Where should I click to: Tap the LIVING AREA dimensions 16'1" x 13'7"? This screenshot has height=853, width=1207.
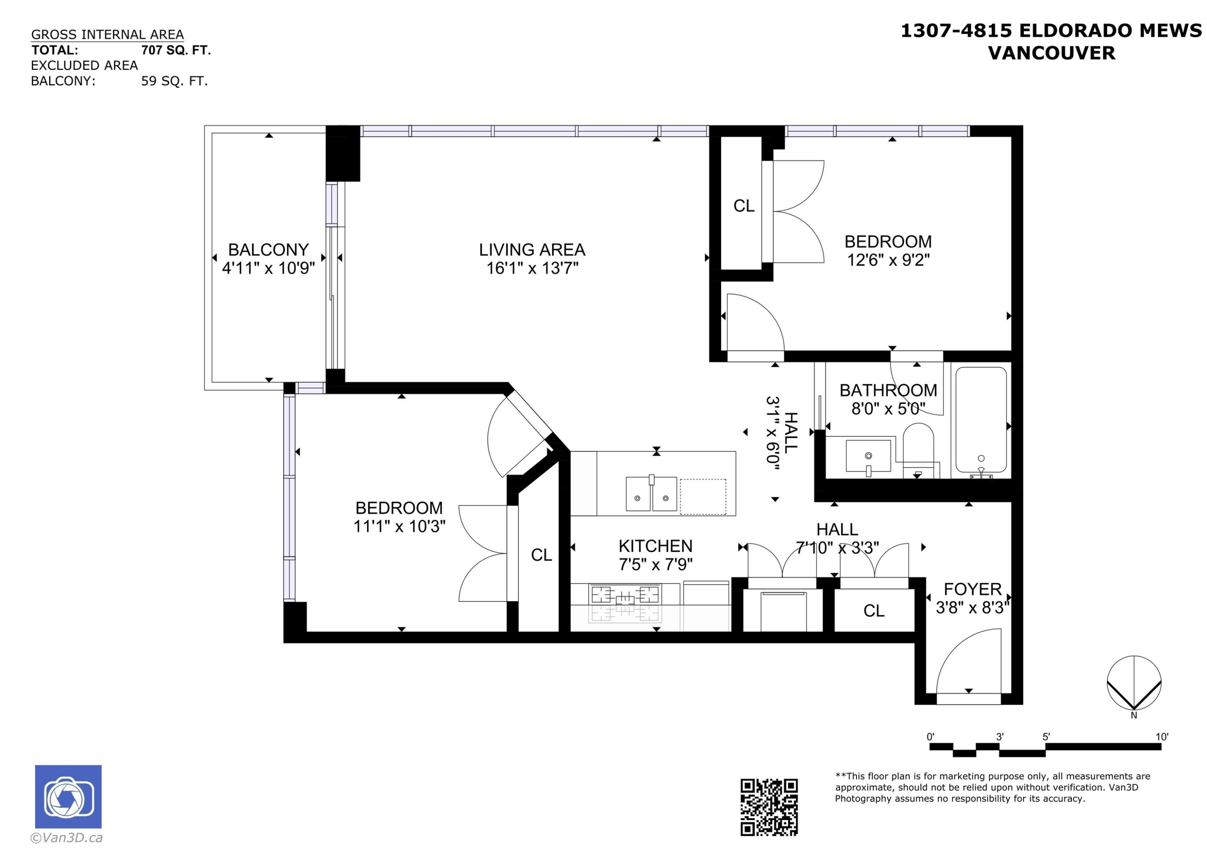(x=532, y=268)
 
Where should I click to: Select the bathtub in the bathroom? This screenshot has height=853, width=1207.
(x=980, y=420)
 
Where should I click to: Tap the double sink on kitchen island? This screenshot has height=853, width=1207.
(x=651, y=494)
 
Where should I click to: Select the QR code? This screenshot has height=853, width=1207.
(x=769, y=807)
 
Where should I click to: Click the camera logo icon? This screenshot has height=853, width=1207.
(x=68, y=797)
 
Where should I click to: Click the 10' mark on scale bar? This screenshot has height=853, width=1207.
(x=1161, y=737)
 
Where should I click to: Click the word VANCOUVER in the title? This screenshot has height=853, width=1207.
(x=1051, y=53)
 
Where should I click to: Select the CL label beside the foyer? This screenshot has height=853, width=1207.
(x=874, y=611)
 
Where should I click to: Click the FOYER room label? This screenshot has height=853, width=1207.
(x=972, y=589)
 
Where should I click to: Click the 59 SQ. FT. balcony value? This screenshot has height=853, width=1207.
(x=175, y=82)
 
